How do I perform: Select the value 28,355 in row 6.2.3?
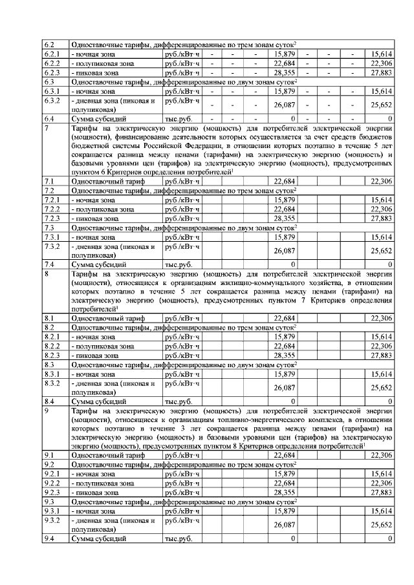[285, 73]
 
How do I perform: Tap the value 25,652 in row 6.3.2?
[380, 105]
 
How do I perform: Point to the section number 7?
[46, 129]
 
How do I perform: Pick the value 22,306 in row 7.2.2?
[380, 209]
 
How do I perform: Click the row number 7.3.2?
[51, 248]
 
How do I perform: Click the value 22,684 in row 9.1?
[285, 455]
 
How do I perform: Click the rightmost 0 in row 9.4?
[390, 538]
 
